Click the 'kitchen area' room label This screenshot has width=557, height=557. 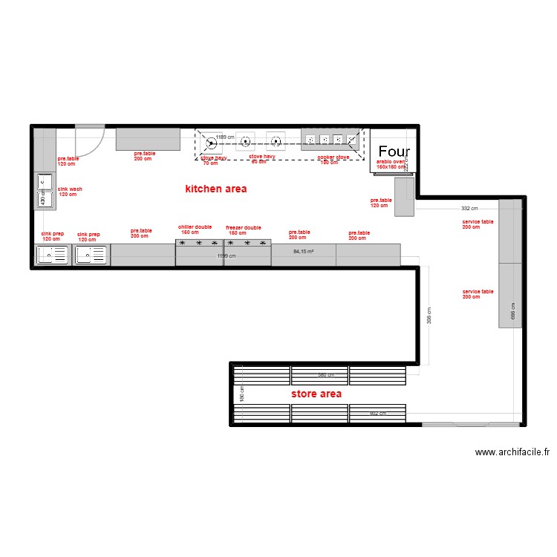tap(215, 189)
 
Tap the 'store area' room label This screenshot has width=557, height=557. tap(316, 394)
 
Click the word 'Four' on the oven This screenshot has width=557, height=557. tap(394, 152)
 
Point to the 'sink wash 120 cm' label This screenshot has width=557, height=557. tap(70, 192)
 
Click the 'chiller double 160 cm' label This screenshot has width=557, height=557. tap(195, 229)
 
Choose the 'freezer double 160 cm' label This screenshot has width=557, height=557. tap(244, 229)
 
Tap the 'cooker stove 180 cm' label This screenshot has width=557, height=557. tap(333, 159)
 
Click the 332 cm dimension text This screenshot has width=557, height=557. tap(469, 209)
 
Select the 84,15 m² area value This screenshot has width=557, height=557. tap(303, 252)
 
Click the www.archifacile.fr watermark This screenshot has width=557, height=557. tap(512, 452)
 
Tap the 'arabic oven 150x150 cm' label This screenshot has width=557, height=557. tap(391, 163)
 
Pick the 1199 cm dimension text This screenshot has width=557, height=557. tap(226, 256)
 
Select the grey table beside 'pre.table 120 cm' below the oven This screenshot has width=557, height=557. tap(404, 198)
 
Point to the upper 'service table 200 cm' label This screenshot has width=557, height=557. tap(478, 224)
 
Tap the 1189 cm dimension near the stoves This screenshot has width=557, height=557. tap(225, 137)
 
